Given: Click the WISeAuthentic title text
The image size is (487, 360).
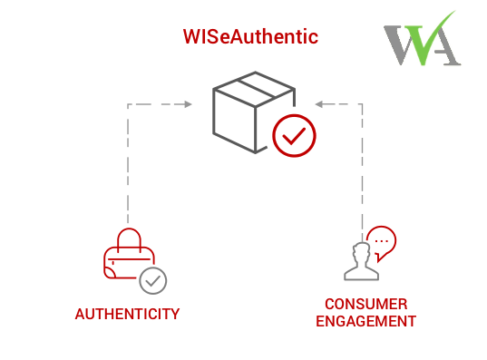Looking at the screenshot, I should [250, 37].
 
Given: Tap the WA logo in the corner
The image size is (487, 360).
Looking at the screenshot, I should [422, 37].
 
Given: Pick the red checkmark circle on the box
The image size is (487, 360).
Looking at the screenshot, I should [294, 138].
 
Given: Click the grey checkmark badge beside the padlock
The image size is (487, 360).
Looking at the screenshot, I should [153, 280].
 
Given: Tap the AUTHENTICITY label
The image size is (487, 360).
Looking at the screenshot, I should [127, 315].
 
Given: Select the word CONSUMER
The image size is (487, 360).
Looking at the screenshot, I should [366, 304].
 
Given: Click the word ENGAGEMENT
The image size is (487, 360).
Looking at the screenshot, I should [366, 321].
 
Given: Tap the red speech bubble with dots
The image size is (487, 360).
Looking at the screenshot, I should [382, 242].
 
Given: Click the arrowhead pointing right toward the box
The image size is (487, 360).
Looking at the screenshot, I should [188, 105].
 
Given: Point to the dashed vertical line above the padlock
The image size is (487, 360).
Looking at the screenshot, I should [128, 163].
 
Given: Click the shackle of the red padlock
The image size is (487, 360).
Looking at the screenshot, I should [128, 238].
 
